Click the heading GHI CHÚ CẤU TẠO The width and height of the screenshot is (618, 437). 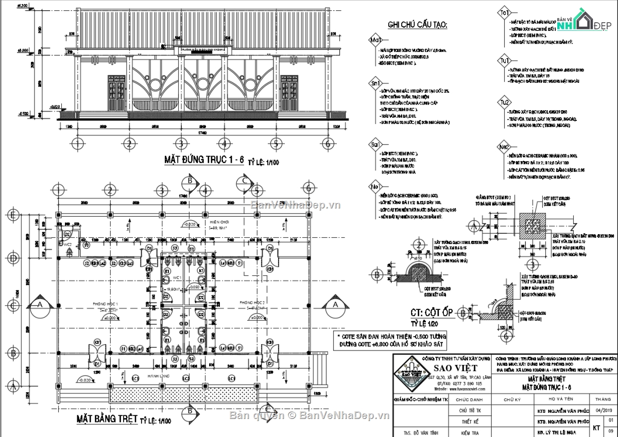coord(417,25)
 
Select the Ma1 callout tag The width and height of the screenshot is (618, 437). coord(375,41)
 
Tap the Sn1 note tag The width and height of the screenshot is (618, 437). coord(375,83)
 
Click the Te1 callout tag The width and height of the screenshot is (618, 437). coord(503,13)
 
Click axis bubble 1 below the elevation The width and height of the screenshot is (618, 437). coord(77,143)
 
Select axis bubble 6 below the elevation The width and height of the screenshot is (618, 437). coord(327,143)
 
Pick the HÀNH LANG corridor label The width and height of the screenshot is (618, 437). coord(155,377)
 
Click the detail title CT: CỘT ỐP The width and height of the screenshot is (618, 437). coord(432,312)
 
